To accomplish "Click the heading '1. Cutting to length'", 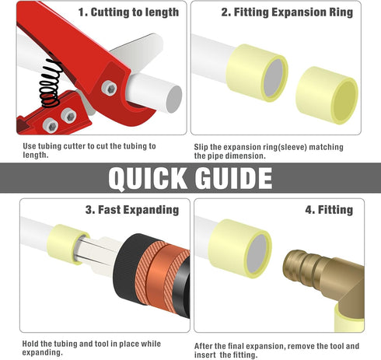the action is pyautogui.click(x=128, y=12).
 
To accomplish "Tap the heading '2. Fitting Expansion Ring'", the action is pyautogui.click(x=287, y=12).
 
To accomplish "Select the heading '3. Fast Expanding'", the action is pyautogui.click(x=132, y=210).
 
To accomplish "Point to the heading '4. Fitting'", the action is pyautogui.click(x=329, y=210).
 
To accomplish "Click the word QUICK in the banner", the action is pyautogui.click(x=147, y=178).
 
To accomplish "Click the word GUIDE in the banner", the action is pyautogui.click(x=234, y=178).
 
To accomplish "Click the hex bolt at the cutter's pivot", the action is pyautogui.click(x=109, y=89).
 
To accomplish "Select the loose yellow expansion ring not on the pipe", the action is pyautogui.click(x=327, y=95).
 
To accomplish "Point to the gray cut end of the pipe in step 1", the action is pyautogui.click(x=174, y=99).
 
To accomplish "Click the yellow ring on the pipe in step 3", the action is pyautogui.click(x=68, y=244).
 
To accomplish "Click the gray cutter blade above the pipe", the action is pyautogui.click(x=135, y=52).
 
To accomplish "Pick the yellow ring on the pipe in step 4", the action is pyautogui.click(x=239, y=248).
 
